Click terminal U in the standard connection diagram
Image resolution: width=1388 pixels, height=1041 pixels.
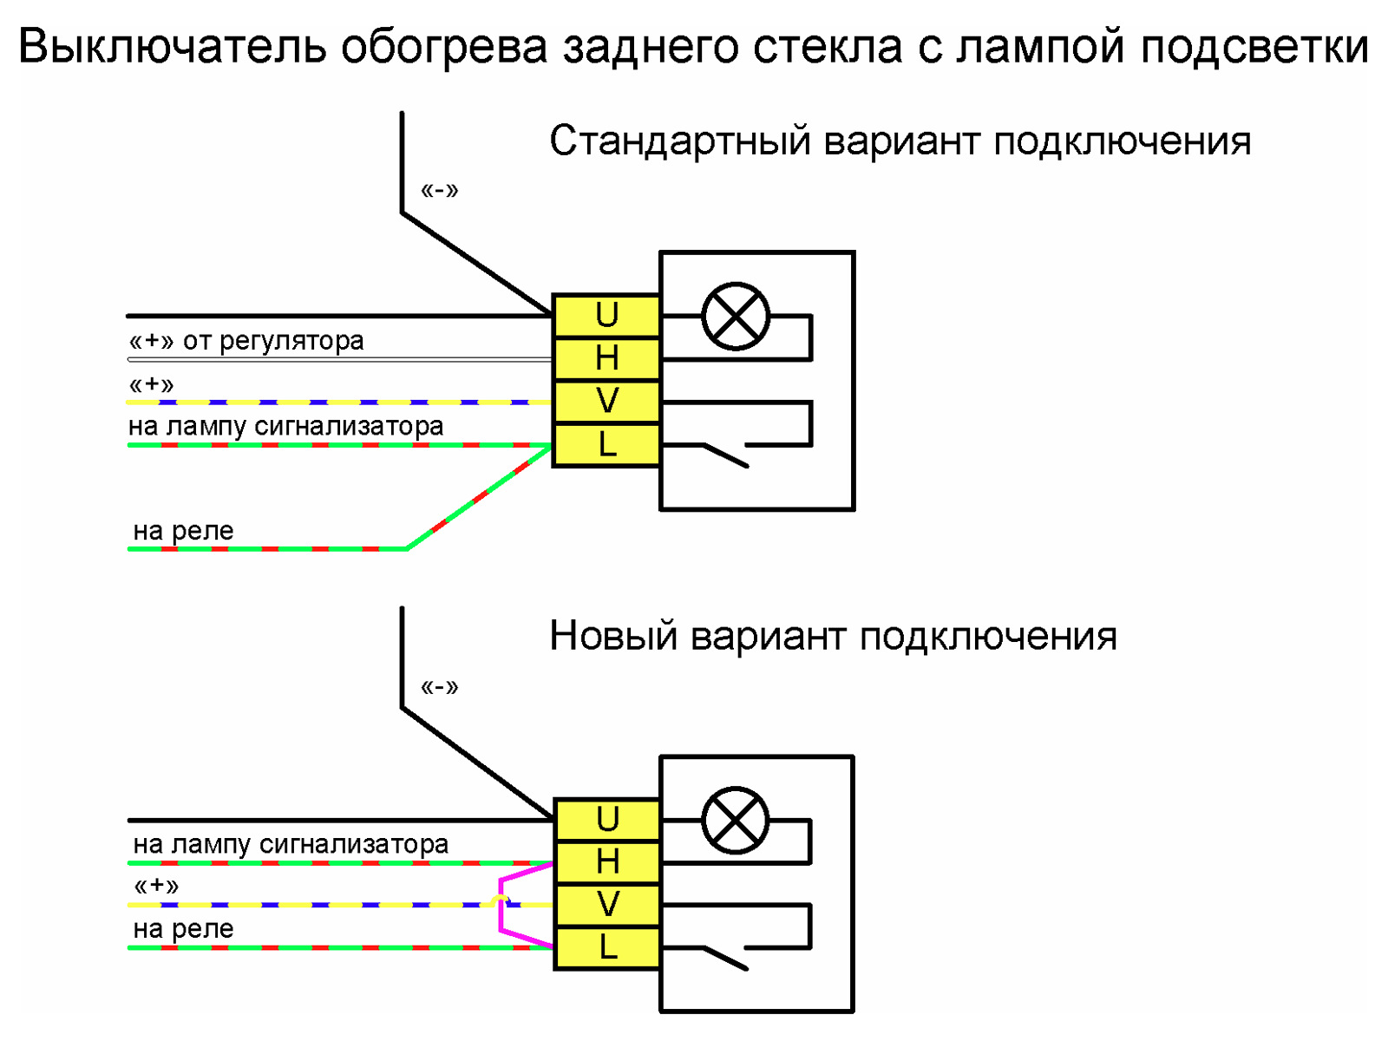pyautogui.click(x=606, y=315)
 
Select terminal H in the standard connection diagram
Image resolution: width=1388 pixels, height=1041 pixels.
pyautogui.click(x=606, y=358)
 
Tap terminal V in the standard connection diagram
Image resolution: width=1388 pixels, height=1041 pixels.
pyautogui.click(x=606, y=402)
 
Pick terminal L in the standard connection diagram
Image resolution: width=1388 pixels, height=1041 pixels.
pyautogui.click(x=606, y=445)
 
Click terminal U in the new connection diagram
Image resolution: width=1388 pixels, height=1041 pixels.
pyautogui.click(x=607, y=819)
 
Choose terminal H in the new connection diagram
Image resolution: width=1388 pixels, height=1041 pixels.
pyautogui.click(x=607, y=862)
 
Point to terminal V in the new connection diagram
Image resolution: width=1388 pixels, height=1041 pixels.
pyautogui.click(x=607, y=905)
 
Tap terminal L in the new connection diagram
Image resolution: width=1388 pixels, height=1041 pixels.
pyautogui.click(x=607, y=947)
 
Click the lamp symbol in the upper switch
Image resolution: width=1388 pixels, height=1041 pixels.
pyautogui.click(x=736, y=316)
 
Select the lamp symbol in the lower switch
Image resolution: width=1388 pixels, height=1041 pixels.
pyautogui.click(x=736, y=820)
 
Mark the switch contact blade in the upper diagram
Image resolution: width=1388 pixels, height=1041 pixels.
pyautogui.click(x=725, y=455)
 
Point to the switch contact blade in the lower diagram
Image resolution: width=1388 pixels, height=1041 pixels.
pyautogui.click(x=725, y=958)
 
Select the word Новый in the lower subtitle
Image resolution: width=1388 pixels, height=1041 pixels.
pyautogui.click(x=613, y=637)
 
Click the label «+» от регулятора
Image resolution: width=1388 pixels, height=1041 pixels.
pyautogui.click(x=246, y=341)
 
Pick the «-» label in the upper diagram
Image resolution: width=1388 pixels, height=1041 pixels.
pyautogui.click(x=439, y=190)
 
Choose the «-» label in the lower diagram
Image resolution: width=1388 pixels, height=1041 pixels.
pyautogui.click(x=439, y=687)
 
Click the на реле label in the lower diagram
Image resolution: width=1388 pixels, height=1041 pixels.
pyautogui.click(x=183, y=929)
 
